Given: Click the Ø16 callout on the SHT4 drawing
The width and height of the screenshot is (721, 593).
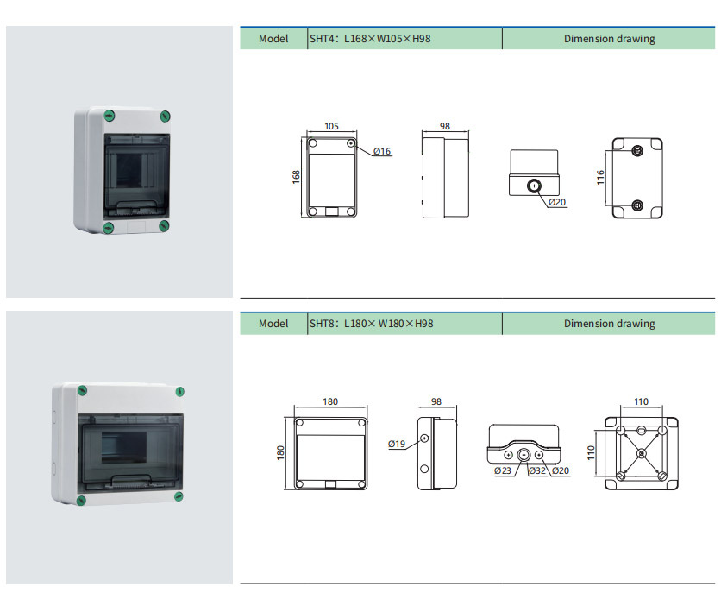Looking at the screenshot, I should click(383, 152).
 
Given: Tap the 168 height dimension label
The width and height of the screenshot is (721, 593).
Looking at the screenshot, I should click(296, 176).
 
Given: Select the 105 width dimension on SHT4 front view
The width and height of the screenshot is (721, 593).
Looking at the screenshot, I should click(330, 126).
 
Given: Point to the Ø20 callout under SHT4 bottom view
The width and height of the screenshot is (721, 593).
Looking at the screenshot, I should click(557, 203).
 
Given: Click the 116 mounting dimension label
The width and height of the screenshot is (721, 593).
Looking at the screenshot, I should click(600, 176).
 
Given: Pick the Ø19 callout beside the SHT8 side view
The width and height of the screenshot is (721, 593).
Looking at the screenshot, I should click(397, 444).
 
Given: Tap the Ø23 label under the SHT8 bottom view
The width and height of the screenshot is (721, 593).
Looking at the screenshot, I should click(503, 470).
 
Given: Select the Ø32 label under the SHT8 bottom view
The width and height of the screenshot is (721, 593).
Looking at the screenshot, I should click(536, 470).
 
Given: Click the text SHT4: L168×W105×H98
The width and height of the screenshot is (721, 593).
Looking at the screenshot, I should click(370, 39).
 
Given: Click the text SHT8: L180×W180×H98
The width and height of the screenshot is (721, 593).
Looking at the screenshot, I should click(371, 324).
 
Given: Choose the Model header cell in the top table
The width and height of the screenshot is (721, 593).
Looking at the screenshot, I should click(273, 39).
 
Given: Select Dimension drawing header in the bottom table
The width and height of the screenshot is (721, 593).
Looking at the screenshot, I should click(609, 324).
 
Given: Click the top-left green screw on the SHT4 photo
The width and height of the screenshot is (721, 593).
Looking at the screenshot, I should click(109, 115).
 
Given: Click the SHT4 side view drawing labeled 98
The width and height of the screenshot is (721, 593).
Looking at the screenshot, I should click(445, 176).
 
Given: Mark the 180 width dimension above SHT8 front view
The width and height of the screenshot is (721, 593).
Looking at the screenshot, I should click(330, 401).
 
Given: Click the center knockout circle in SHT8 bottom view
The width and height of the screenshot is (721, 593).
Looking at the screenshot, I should click(524, 455).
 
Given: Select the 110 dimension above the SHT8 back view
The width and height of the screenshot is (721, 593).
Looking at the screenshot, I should click(641, 401).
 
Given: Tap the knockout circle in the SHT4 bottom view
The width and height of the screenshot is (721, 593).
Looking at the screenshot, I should click(534, 186).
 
